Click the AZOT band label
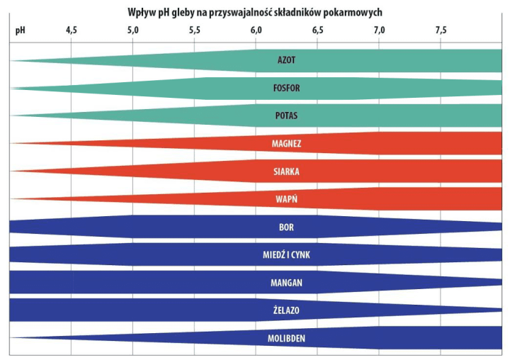tap(286, 60)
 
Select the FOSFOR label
tap(286, 89)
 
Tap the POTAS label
tap(286, 116)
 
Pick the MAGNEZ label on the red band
tap(286, 144)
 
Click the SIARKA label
tap(286, 171)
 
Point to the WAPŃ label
tap(286, 199)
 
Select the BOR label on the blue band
tap(286, 227)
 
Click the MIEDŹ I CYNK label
tap(286, 254)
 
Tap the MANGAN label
tap(286, 283)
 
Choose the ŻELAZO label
tap(286, 310)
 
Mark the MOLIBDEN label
tap(286, 339)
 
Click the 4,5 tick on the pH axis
tap(72, 30)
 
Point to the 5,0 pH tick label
tap(133, 30)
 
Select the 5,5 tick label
tap(195, 30)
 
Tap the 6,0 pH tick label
tap(256, 30)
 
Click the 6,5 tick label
tap(317, 30)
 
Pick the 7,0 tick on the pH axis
tap(379, 30)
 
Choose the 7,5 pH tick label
tap(441, 30)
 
